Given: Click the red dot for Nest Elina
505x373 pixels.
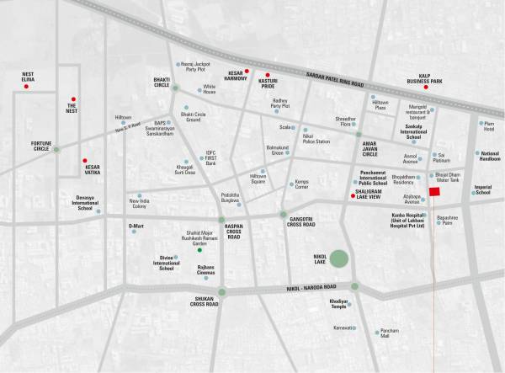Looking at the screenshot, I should [26, 87].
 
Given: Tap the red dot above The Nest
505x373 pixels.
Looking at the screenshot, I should [73, 99].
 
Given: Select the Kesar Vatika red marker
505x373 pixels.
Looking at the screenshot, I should [84, 160].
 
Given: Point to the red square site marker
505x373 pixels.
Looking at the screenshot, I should [434, 193].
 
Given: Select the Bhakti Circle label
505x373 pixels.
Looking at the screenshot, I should [162, 83].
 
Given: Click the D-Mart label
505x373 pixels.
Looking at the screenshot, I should [136, 226].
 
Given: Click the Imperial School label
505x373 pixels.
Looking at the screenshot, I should [482, 190].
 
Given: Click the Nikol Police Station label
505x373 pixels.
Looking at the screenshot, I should [316, 139].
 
